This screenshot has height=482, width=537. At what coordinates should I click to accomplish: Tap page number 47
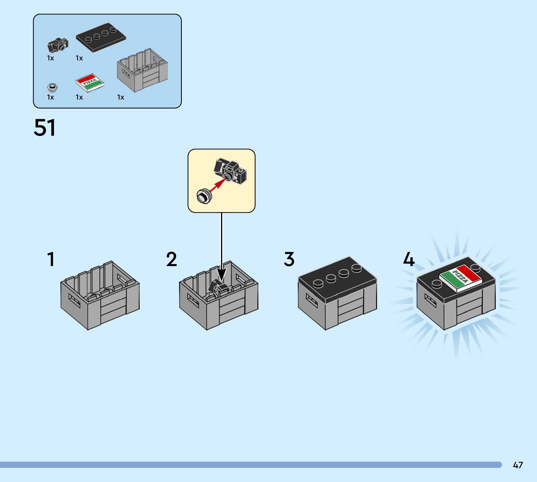518,465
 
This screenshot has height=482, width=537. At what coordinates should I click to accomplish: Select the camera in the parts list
58,45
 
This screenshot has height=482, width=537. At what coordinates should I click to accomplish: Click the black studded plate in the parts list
101,38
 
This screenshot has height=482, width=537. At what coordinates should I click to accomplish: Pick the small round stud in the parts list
52,87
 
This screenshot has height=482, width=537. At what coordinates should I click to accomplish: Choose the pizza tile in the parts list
90,82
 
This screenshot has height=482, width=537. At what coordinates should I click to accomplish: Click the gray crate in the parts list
142,70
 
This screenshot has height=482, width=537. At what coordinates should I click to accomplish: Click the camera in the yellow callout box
230,171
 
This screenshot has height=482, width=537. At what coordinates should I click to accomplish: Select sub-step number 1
51,259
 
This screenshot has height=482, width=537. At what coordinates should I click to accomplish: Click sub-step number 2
172,259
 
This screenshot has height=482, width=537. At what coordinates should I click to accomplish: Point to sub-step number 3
289,259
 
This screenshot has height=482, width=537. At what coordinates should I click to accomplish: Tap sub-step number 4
409,259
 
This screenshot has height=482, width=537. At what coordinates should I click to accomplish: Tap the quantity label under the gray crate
121,97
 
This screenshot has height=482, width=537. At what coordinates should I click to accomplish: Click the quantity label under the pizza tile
80,97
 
